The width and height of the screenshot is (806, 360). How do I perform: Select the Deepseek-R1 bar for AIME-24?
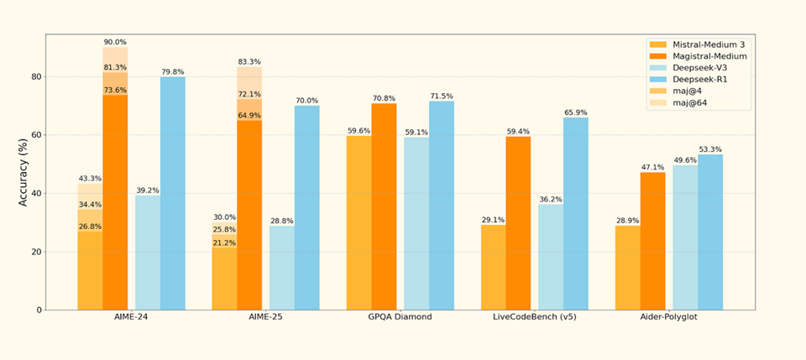pyautogui.click(x=173, y=193)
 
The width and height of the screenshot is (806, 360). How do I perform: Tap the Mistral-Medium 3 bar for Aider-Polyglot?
pyautogui.click(x=627, y=268)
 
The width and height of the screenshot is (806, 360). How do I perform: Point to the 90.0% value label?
pyautogui.click(x=115, y=42)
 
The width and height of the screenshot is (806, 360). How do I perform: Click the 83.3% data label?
pyautogui.click(x=249, y=61)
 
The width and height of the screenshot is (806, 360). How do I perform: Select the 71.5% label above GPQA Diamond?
pyautogui.click(x=442, y=97)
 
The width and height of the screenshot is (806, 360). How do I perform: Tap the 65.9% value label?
pyautogui.click(x=576, y=112)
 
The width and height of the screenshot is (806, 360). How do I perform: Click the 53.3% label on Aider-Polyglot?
pyautogui.click(x=710, y=149)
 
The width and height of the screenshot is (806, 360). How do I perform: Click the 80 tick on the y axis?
pyautogui.click(x=34, y=76)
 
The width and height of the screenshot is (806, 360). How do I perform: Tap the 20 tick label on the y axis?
pyautogui.click(x=34, y=252)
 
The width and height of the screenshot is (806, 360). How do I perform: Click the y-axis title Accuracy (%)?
pyautogui.click(x=23, y=173)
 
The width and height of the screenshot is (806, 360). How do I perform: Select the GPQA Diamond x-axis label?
pyautogui.click(x=400, y=317)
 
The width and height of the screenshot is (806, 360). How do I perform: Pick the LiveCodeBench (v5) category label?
pyautogui.click(x=535, y=317)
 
